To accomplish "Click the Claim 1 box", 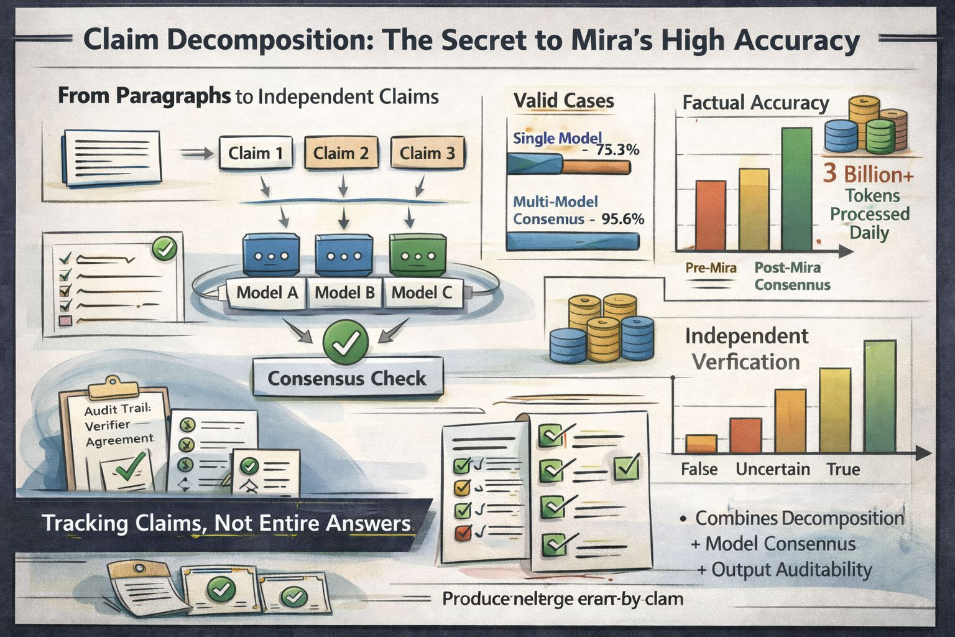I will pos(256,153).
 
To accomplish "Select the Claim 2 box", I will pos(340,153).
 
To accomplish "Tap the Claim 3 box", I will pos(427,153).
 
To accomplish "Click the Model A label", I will pos(267,292).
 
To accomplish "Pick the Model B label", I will pos(344,292).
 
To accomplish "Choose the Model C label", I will pos(422,292).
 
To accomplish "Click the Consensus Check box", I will pos(347,378).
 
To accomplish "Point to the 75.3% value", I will pos(617,150).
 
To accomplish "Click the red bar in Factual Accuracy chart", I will pos(710,215).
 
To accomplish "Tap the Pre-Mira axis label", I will pos(711,268).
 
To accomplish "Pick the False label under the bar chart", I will pos(699,469).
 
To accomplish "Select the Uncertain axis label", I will pos(772,469).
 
